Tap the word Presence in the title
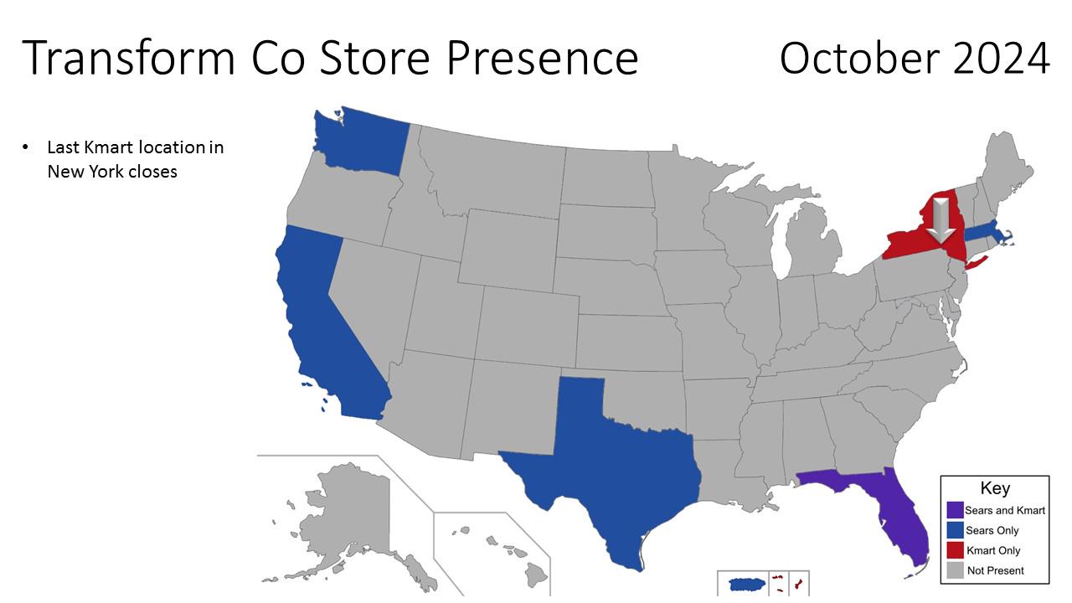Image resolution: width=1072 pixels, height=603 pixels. point(542,59)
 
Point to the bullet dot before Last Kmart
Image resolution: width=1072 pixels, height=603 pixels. point(26,147)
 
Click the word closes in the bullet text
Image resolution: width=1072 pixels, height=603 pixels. point(147,172)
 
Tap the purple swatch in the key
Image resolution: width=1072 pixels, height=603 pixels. point(954,509)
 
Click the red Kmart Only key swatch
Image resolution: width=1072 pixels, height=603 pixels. point(954,550)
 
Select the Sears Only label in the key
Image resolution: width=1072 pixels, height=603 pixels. point(992,530)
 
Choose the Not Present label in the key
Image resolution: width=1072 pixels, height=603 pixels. point(995,570)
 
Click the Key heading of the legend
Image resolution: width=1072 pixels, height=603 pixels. point(995,488)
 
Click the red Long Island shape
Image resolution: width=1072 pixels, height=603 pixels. point(977,263)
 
